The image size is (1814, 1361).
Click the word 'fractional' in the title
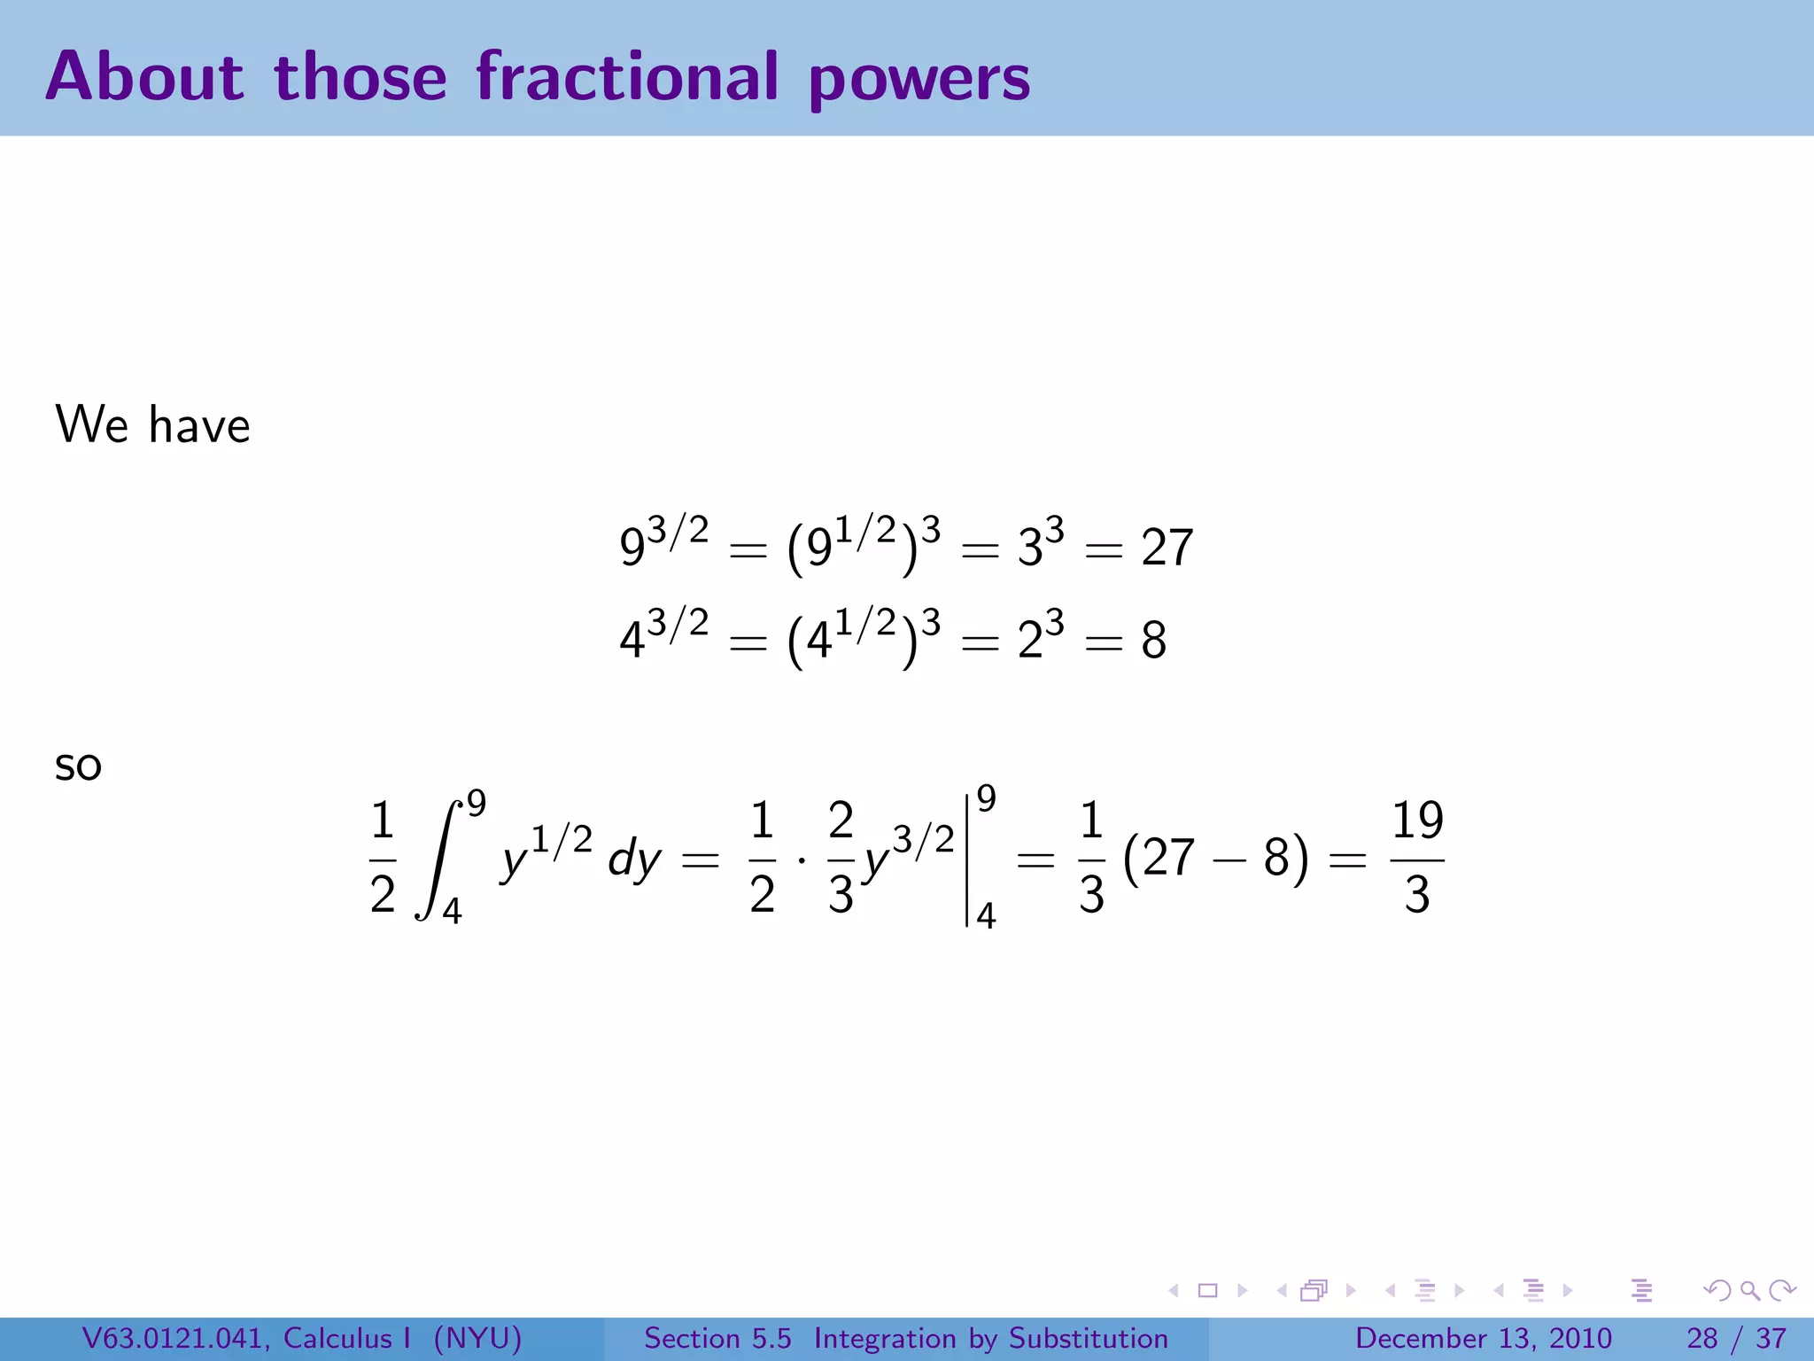click(627, 76)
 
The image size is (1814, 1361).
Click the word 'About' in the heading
click(144, 76)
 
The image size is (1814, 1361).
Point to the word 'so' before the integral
click(78, 766)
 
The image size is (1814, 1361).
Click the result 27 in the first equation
click(1167, 548)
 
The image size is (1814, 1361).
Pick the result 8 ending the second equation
click(1153, 640)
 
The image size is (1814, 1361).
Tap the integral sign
click(439, 858)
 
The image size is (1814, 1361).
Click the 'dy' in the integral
click(634, 859)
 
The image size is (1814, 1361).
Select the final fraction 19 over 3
click(1417, 858)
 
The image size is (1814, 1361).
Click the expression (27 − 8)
click(1215, 858)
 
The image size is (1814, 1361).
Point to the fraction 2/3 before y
click(841, 858)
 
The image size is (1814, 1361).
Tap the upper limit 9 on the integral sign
click(477, 803)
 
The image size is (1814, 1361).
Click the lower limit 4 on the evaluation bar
click(986, 915)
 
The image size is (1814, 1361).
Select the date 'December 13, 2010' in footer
click(1483, 1338)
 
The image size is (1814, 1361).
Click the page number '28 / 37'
click(1736, 1338)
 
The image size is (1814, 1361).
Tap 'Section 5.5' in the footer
click(717, 1338)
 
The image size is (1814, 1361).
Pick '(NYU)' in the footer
click(477, 1338)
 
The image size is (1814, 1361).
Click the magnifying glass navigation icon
click(1749, 1290)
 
